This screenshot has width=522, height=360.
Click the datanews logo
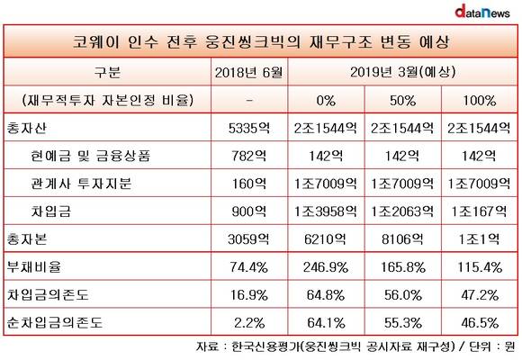point(482,12)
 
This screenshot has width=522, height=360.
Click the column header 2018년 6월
point(249,72)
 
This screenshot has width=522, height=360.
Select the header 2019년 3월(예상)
point(403,72)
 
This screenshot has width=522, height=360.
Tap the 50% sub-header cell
point(403,100)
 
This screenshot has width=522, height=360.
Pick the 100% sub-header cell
point(480,100)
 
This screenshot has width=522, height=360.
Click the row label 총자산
point(27,128)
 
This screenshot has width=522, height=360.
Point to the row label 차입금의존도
point(48,294)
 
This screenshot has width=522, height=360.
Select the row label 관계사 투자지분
point(81,184)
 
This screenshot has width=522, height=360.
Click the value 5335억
point(249,128)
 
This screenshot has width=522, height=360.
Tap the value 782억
point(249,156)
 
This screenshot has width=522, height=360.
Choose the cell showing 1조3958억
point(326,211)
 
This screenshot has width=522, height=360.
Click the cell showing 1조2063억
point(403,211)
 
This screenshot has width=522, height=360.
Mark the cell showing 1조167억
point(480,211)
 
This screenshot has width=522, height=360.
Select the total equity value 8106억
point(403,239)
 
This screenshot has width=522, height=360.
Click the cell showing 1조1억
point(480,239)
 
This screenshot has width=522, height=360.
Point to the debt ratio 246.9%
point(326,267)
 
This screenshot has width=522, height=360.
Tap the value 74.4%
point(249,267)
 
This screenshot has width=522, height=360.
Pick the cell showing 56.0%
point(403,294)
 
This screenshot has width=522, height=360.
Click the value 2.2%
point(249,323)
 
